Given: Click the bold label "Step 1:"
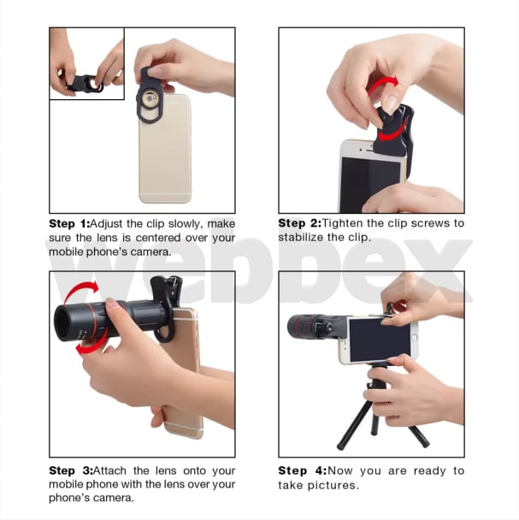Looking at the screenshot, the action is coord(69,223).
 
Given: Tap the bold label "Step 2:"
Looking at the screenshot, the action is coord(299,223).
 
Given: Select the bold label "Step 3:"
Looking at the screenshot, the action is coord(71,470).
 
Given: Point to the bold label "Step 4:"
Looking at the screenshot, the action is coord(303,470).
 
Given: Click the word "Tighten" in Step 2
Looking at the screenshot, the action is coord(343,223).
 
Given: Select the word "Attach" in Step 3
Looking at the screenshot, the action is coord(109,470).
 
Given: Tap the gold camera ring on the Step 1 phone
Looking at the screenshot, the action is coord(150,99).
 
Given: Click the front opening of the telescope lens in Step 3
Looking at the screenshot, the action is coord(63,323).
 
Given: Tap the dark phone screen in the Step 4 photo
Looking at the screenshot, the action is coord(379,340).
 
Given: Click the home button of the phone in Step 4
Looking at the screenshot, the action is coord(414,337).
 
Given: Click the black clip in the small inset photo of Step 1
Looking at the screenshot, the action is coord(86,83).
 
